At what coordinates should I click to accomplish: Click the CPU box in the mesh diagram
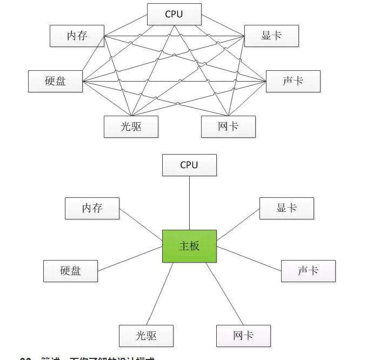coord(174,14)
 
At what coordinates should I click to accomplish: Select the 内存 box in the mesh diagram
coord(77,36)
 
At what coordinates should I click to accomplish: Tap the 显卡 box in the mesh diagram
coord(271,36)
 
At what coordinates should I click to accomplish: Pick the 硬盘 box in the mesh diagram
coord(55,81)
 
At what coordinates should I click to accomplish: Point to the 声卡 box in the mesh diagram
coord(293,81)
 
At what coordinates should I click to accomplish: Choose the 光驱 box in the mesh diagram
coord(131,126)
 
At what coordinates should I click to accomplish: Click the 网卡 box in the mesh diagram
coord(228,126)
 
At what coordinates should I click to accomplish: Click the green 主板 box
coord(189,246)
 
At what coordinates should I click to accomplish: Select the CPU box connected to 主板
coord(189,165)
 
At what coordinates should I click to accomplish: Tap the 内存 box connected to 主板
coord(92,208)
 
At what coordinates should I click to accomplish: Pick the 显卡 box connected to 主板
coord(286,208)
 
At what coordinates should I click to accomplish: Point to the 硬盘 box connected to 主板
coord(70,271)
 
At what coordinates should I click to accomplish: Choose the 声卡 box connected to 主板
coord(308,271)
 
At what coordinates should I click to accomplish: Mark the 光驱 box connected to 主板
coord(146,336)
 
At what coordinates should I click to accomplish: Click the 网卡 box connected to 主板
coord(243,336)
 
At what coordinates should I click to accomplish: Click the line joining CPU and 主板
coord(189,203)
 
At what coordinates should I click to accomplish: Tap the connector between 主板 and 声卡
coord(249,258)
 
